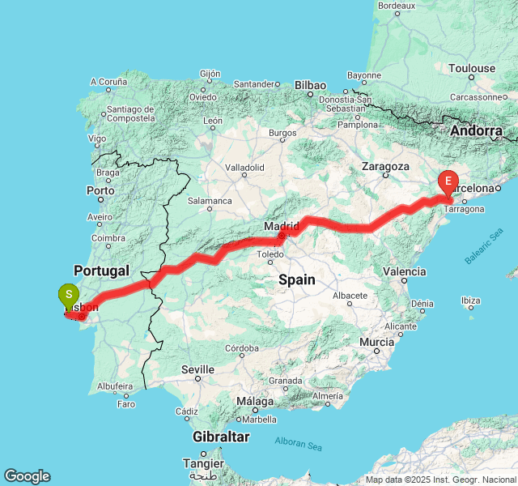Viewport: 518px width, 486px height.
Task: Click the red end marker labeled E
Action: click(x=448, y=181)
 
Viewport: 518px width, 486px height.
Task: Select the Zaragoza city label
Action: click(x=386, y=166)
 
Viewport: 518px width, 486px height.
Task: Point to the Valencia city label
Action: click(x=403, y=271)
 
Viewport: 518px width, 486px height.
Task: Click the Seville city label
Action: click(x=197, y=369)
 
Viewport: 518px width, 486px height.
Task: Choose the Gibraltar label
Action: click(x=221, y=437)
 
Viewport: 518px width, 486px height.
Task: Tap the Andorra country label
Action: click(x=476, y=130)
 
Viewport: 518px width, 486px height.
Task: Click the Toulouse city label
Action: click(x=473, y=68)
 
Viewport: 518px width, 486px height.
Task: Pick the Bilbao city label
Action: click(x=310, y=85)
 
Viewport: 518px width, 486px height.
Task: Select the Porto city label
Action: click(x=100, y=191)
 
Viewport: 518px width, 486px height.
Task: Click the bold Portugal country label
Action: click(x=102, y=270)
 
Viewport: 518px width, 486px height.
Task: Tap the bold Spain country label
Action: click(x=297, y=279)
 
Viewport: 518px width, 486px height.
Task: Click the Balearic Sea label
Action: click(x=485, y=250)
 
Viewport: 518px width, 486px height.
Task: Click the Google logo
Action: click(x=27, y=476)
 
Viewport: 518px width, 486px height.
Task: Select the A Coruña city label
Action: click(x=108, y=82)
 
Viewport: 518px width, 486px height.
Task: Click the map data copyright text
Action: click(x=441, y=480)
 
